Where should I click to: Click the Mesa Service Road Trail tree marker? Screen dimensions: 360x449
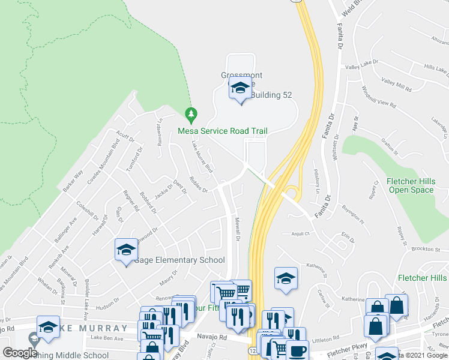(x=191, y=113)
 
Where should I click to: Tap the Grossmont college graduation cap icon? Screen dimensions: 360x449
(x=240, y=89)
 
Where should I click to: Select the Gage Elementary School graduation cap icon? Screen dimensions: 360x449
(x=126, y=249)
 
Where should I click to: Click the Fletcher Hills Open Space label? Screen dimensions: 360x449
(x=409, y=185)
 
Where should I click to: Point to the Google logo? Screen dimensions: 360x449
(x=20, y=352)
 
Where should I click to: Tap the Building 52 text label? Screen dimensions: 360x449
(x=271, y=95)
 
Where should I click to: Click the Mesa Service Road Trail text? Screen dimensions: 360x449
(x=222, y=131)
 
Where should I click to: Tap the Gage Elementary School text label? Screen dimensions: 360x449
(x=179, y=260)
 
